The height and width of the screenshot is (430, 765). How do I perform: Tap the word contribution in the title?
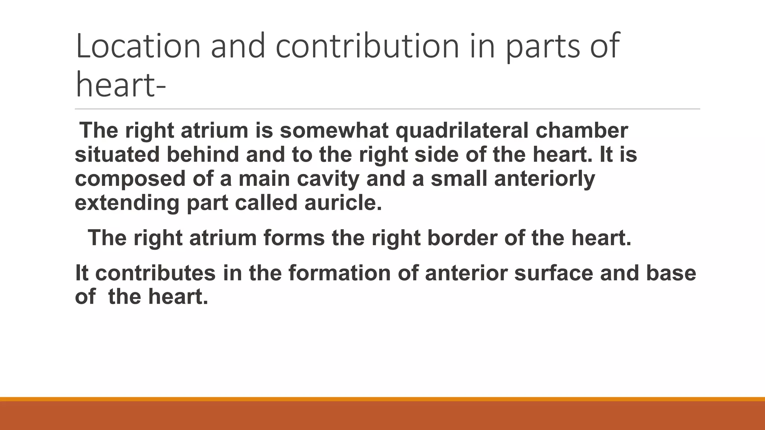point(367,46)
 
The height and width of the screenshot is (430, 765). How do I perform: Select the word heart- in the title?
point(120,85)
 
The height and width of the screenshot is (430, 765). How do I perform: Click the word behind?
point(202,155)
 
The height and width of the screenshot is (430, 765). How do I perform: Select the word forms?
point(294,238)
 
